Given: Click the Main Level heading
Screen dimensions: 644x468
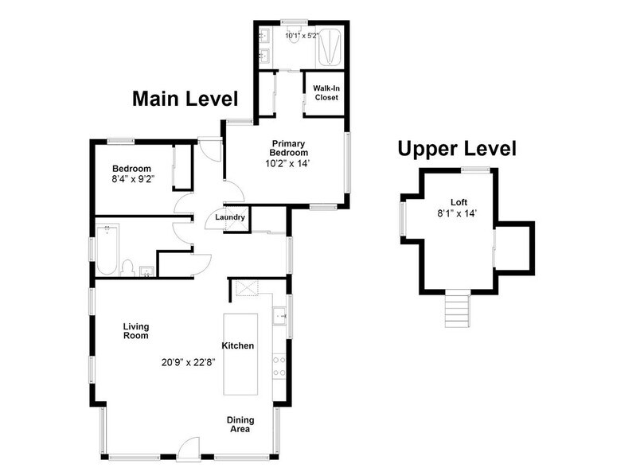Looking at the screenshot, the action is click(x=185, y=99).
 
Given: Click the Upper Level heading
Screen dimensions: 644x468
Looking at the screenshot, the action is click(x=457, y=149).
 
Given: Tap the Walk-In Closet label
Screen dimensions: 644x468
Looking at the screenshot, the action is click(x=326, y=93).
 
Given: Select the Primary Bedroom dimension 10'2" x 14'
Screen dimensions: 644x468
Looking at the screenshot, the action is click(x=287, y=163).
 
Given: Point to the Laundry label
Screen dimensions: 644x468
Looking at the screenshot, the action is click(x=230, y=217).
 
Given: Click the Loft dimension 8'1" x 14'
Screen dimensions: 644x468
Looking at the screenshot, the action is click(x=457, y=213).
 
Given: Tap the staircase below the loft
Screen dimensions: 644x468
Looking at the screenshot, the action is click(x=457, y=308).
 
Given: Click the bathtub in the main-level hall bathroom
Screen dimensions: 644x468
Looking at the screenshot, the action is click(x=107, y=250).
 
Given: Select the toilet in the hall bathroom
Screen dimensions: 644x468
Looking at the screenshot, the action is click(x=127, y=268).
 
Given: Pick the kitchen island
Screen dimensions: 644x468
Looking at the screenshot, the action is click(x=240, y=354).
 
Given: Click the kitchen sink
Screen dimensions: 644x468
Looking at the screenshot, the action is click(x=280, y=315).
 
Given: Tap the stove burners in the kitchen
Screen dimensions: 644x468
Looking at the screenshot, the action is click(x=279, y=366).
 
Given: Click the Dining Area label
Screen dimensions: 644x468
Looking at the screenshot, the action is click(x=240, y=424).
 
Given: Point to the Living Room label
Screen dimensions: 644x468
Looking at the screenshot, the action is click(x=136, y=331).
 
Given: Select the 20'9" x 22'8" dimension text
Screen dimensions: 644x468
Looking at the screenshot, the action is click(x=189, y=362).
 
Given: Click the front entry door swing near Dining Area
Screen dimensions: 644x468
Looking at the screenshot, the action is click(x=189, y=447).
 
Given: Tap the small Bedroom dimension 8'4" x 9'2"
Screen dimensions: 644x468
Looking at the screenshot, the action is click(x=133, y=179).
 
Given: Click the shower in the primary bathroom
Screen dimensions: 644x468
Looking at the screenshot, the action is click(x=329, y=48).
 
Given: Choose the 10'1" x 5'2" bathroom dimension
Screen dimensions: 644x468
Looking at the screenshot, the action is click(x=302, y=36).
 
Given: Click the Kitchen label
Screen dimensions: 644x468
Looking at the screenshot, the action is click(x=238, y=345).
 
